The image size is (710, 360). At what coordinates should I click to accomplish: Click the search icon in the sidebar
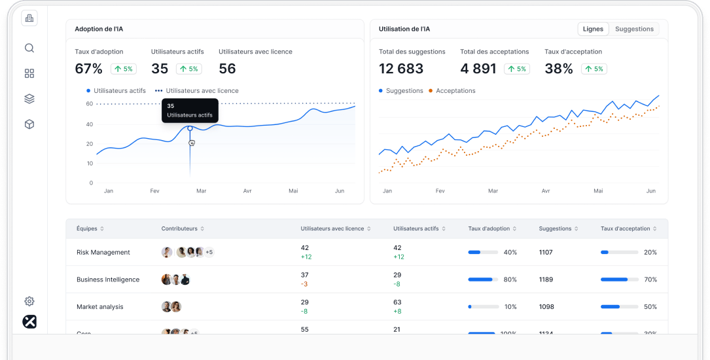coord(29,48)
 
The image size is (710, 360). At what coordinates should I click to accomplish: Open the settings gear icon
coord(29,301)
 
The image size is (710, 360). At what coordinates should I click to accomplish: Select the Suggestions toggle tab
coord(634,29)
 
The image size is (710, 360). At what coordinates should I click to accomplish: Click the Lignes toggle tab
coord(593,29)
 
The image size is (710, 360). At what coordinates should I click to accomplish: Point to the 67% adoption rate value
coord(88,69)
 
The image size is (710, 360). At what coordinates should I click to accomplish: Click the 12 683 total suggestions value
coord(401,69)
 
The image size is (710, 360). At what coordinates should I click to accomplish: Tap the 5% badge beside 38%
coord(594,69)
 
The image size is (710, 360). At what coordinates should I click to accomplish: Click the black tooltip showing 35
coord(190,110)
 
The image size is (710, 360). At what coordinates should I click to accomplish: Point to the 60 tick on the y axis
coord(89,104)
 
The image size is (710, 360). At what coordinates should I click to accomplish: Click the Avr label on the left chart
coord(247,191)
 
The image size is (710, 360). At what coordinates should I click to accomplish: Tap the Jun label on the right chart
coord(651,191)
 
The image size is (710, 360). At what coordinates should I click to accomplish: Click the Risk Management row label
coord(103,252)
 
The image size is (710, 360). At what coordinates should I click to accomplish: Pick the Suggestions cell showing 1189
coord(546,279)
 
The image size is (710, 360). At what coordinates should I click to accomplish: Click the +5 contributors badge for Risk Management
coord(209,252)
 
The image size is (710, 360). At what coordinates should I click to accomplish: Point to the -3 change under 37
coord(304,284)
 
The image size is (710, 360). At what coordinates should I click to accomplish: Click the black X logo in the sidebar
coord(29,322)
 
